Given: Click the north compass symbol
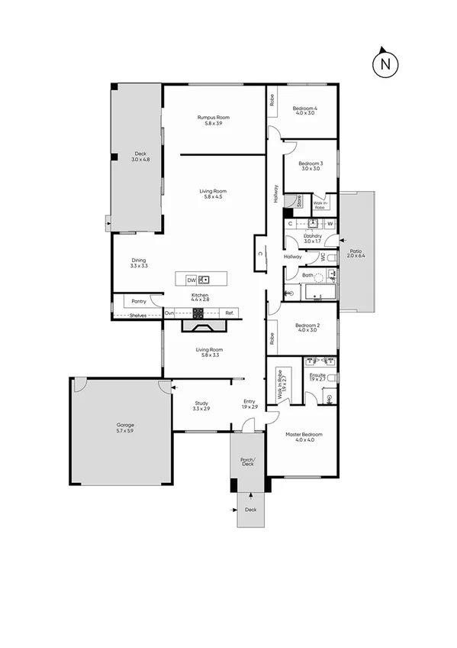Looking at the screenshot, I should (x=386, y=64).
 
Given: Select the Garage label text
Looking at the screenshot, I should (x=125, y=428).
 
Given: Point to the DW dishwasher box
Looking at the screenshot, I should (x=191, y=279).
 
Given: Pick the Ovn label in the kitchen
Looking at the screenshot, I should (x=169, y=313).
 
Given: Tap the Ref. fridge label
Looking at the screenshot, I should (x=229, y=313).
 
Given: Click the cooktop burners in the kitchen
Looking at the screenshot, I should (x=198, y=313).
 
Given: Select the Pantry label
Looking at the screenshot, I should (x=138, y=301).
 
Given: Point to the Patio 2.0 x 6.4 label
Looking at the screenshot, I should (x=356, y=252).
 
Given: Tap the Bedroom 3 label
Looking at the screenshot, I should (x=311, y=166).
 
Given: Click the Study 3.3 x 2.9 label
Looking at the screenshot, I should (x=201, y=405).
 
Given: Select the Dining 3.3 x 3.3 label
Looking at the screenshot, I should (x=138, y=263).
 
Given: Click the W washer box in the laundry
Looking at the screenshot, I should (x=330, y=223).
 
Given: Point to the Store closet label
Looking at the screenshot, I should (x=299, y=202).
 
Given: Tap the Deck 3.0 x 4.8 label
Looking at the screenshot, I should (x=140, y=157).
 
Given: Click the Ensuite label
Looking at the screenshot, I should (x=317, y=377).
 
